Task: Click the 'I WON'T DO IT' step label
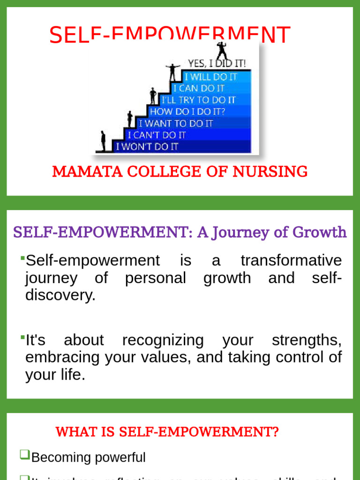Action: pos(147,147)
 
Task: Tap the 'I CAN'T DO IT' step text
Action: pos(157,135)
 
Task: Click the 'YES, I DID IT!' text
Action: pos(217,63)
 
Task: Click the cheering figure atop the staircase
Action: pos(221,51)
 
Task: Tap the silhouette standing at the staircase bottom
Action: pos(103,140)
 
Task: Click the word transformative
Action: pos(291,261)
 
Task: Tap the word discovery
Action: pos(60,295)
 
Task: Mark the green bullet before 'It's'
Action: pos(22,337)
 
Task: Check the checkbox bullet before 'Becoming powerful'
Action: pos(24,454)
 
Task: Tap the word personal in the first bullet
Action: pos(156,278)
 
